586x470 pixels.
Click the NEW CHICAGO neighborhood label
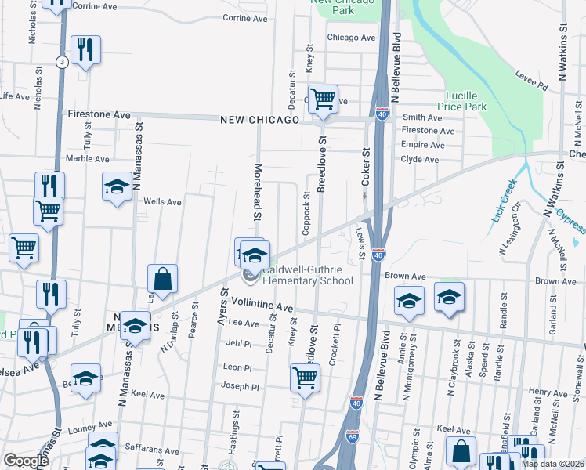pos(260,120)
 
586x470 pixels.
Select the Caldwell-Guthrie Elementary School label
pos(308,275)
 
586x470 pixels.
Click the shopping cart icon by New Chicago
pos(323,99)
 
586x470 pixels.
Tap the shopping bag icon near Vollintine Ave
pos(162,279)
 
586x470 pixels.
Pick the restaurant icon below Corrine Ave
pos(85,50)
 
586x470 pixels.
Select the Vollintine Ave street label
pos(261,308)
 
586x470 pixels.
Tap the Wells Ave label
pos(162,202)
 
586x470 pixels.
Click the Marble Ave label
pos(87,158)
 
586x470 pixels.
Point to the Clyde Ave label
pos(420,159)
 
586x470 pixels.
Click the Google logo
pos(26,461)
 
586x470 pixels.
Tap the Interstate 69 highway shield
pos(353,432)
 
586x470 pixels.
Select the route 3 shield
pos(61,62)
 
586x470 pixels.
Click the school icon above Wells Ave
pos(117,186)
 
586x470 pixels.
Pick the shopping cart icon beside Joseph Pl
pos(305,378)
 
